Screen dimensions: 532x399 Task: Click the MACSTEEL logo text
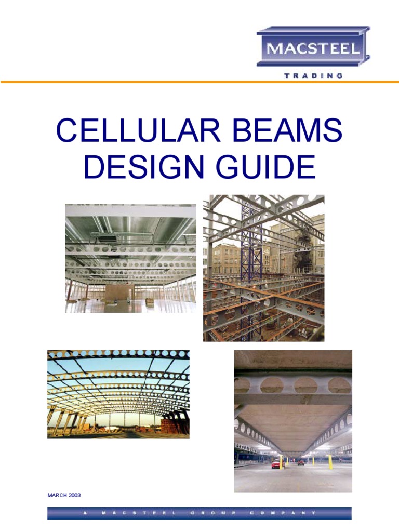point(313,50)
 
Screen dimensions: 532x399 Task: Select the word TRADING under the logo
point(313,76)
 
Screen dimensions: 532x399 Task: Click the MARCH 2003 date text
point(64,495)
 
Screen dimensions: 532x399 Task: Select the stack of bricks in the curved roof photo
point(175,427)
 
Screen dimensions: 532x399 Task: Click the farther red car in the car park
point(301,462)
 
